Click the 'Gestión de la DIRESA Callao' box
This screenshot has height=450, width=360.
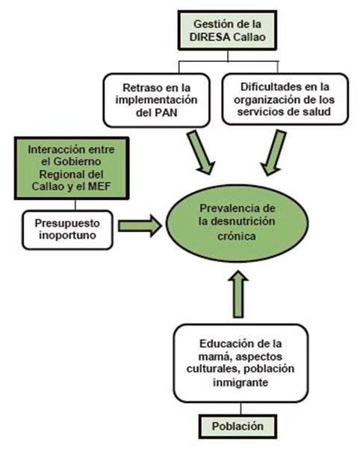(x=227, y=31)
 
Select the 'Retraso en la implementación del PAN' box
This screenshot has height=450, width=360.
(x=157, y=100)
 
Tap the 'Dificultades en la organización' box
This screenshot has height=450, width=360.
(x=285, y=99)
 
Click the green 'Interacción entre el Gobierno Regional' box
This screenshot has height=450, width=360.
(x=72, y=168)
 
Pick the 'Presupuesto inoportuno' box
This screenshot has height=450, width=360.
(x=67, y=230)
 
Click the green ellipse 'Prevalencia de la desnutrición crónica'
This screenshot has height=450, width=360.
(x=237, y=222)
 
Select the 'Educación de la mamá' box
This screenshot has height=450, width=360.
(x=240, y=363)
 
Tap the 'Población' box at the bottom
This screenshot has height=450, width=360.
(x=238, y=426)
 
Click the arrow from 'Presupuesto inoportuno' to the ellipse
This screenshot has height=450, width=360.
(x=140, y=226)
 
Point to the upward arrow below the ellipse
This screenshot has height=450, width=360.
(x=238, y=294)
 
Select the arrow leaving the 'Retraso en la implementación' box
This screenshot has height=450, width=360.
(x=201, y=152)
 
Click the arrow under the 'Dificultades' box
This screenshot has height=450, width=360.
(x=273, y=152)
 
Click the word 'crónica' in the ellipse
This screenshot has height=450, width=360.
(x=237, y=236)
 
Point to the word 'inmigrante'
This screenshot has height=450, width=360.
(x=240, y=382)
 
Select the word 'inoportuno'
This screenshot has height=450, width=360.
(x=67, y=235)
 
